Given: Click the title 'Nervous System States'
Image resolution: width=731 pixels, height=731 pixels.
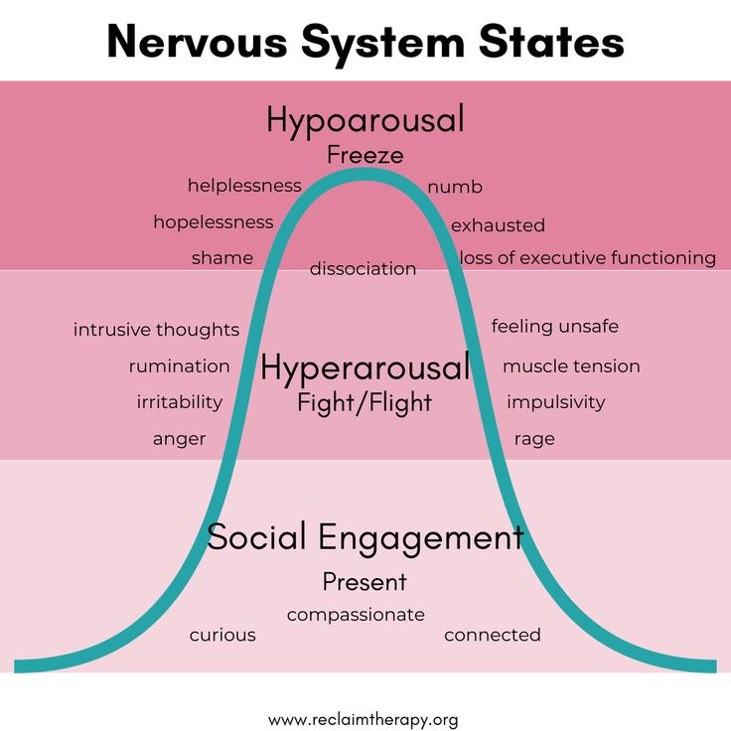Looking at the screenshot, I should [365, 42].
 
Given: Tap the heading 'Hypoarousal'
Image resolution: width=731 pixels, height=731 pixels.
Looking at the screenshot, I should [365, 120].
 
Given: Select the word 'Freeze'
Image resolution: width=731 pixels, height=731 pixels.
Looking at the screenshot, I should [365, 155].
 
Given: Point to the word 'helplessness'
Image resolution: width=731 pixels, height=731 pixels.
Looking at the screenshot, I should [244, 186].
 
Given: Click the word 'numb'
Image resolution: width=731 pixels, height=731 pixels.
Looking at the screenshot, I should [455, 187].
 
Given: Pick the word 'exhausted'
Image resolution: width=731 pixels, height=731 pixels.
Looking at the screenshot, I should [498, 225].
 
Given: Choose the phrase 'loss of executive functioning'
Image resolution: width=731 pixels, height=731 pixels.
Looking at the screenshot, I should [587, 258].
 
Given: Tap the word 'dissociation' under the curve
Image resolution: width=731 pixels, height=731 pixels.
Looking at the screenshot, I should [363, 268].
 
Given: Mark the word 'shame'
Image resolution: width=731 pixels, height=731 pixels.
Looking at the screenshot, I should [222, 258].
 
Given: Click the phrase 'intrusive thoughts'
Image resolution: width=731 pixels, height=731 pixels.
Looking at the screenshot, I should [156, 330].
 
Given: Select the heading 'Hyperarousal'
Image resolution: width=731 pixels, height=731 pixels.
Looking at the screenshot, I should [365, 368].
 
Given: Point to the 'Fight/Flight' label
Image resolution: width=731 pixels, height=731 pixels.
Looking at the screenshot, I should [365, 403].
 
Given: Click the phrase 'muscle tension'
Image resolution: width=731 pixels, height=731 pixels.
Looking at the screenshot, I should [571, 366].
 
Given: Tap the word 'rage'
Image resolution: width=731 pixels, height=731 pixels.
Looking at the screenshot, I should [534, 439].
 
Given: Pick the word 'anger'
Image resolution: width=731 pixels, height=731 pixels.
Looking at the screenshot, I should [180, 439].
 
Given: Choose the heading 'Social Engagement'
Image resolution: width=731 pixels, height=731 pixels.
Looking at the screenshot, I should [365, 537].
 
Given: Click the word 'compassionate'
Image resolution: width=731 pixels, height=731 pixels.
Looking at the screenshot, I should [356, 615].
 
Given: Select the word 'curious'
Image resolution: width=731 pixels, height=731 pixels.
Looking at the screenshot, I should [222, 635].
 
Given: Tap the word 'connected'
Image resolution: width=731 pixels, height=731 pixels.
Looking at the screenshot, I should [493, 635].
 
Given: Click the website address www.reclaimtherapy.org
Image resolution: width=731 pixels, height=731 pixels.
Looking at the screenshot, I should [364, 719].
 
